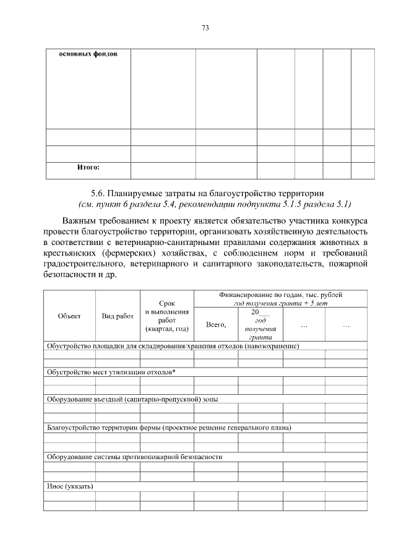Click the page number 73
[x=206, y=28]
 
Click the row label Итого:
[x=88, y=167]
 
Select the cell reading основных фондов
[x=88, y=54]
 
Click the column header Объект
[x=69, y=316]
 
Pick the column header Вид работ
[x=118, y=316]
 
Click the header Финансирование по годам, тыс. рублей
[x=280, y=295]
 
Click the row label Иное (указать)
[x=70, y=486]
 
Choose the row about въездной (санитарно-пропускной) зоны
[x=132, y=399]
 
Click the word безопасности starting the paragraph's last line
[x=70, y=275]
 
